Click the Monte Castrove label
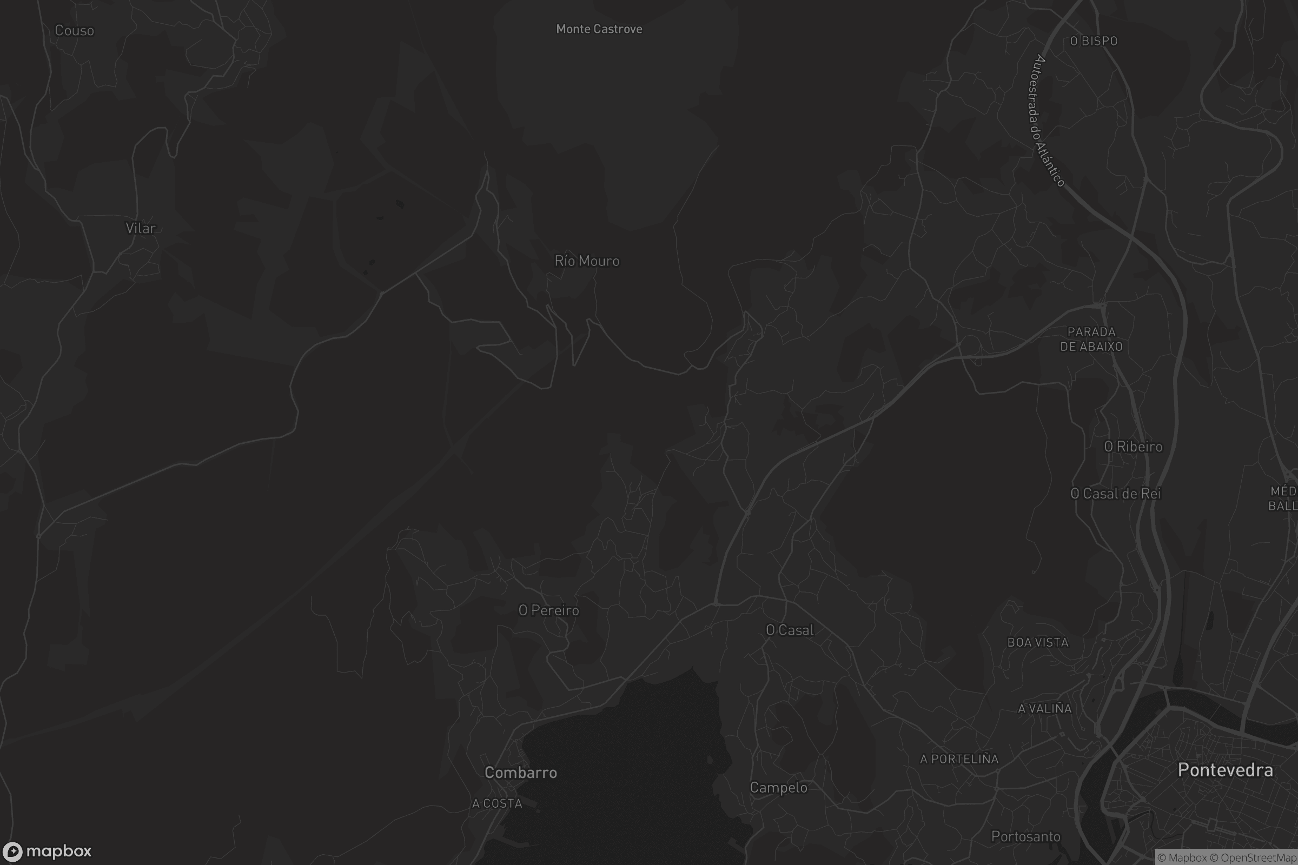(599, 29)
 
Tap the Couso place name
(75, 31)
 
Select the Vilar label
(141, 228)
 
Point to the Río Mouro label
(587, 261)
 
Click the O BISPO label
(1093, 42)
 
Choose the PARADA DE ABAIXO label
(1091, 340)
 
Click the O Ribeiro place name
(1133, 447)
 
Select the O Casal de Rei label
(1115, 494)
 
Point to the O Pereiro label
(548, 611)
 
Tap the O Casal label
(790, 630)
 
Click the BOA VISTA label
(1037, 643)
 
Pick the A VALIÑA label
(1044, 709)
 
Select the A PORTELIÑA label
(959, 760)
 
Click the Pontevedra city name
(1225, 770)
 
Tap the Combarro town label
(520, 773)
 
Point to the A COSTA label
(496, 804)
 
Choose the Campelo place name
(778, 788)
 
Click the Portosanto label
(1025, 837)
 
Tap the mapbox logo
(47, 851)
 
